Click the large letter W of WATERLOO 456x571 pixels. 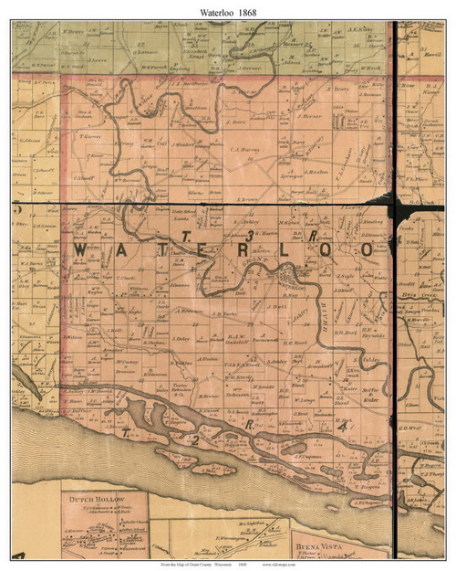80,249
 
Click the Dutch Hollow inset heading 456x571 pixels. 98,500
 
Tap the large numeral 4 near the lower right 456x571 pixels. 342,427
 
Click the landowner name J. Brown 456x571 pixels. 248,198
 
